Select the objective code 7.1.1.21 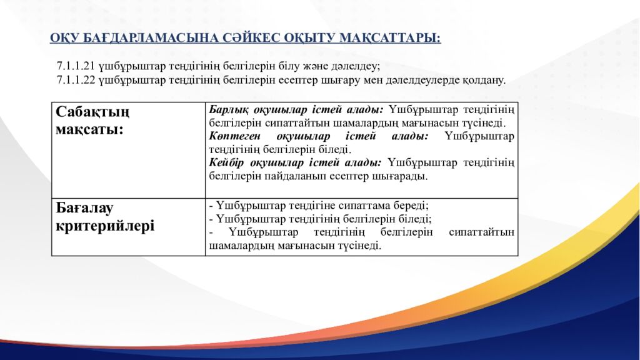point(76,66)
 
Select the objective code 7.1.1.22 point(76,80)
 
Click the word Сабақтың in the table point(92,112)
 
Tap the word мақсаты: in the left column point(89,129)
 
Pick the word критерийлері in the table point(105,226)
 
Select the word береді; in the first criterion point(411,206)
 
